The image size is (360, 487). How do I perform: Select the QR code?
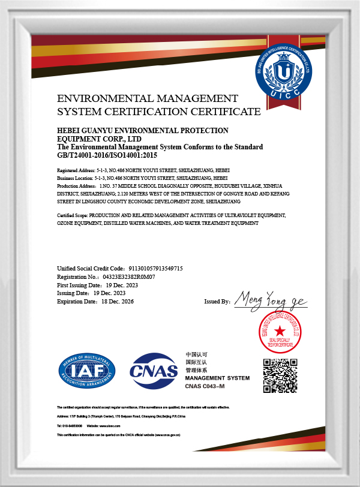click(x=280, y=375)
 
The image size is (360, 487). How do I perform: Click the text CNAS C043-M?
click(x=205, y=386)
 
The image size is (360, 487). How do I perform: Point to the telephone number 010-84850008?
click(x=71, y=425)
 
